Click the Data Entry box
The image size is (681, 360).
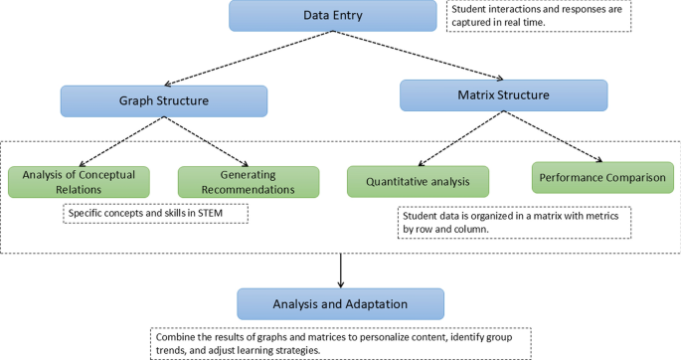(x=332, y=16)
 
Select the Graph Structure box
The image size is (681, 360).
(x=163, y=101)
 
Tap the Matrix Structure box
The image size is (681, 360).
(x=503, y=95)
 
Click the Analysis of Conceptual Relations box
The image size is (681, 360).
(x=79, y=182)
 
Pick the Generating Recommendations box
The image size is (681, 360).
(x=249, y=182)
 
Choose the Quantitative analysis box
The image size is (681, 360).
(x=418, y=182)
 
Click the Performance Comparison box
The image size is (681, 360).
(x=602, y=178)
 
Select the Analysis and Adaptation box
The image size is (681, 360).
(x=340, y=303)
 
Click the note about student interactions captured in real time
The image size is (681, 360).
(x=538, y=16)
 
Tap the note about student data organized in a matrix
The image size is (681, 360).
(x=514, y=222)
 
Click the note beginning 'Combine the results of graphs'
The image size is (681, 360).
(x=340, y=343)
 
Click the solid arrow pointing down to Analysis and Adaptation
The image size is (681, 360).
(x=341, y=270)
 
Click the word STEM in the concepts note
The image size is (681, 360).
(x=229, y=213)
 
